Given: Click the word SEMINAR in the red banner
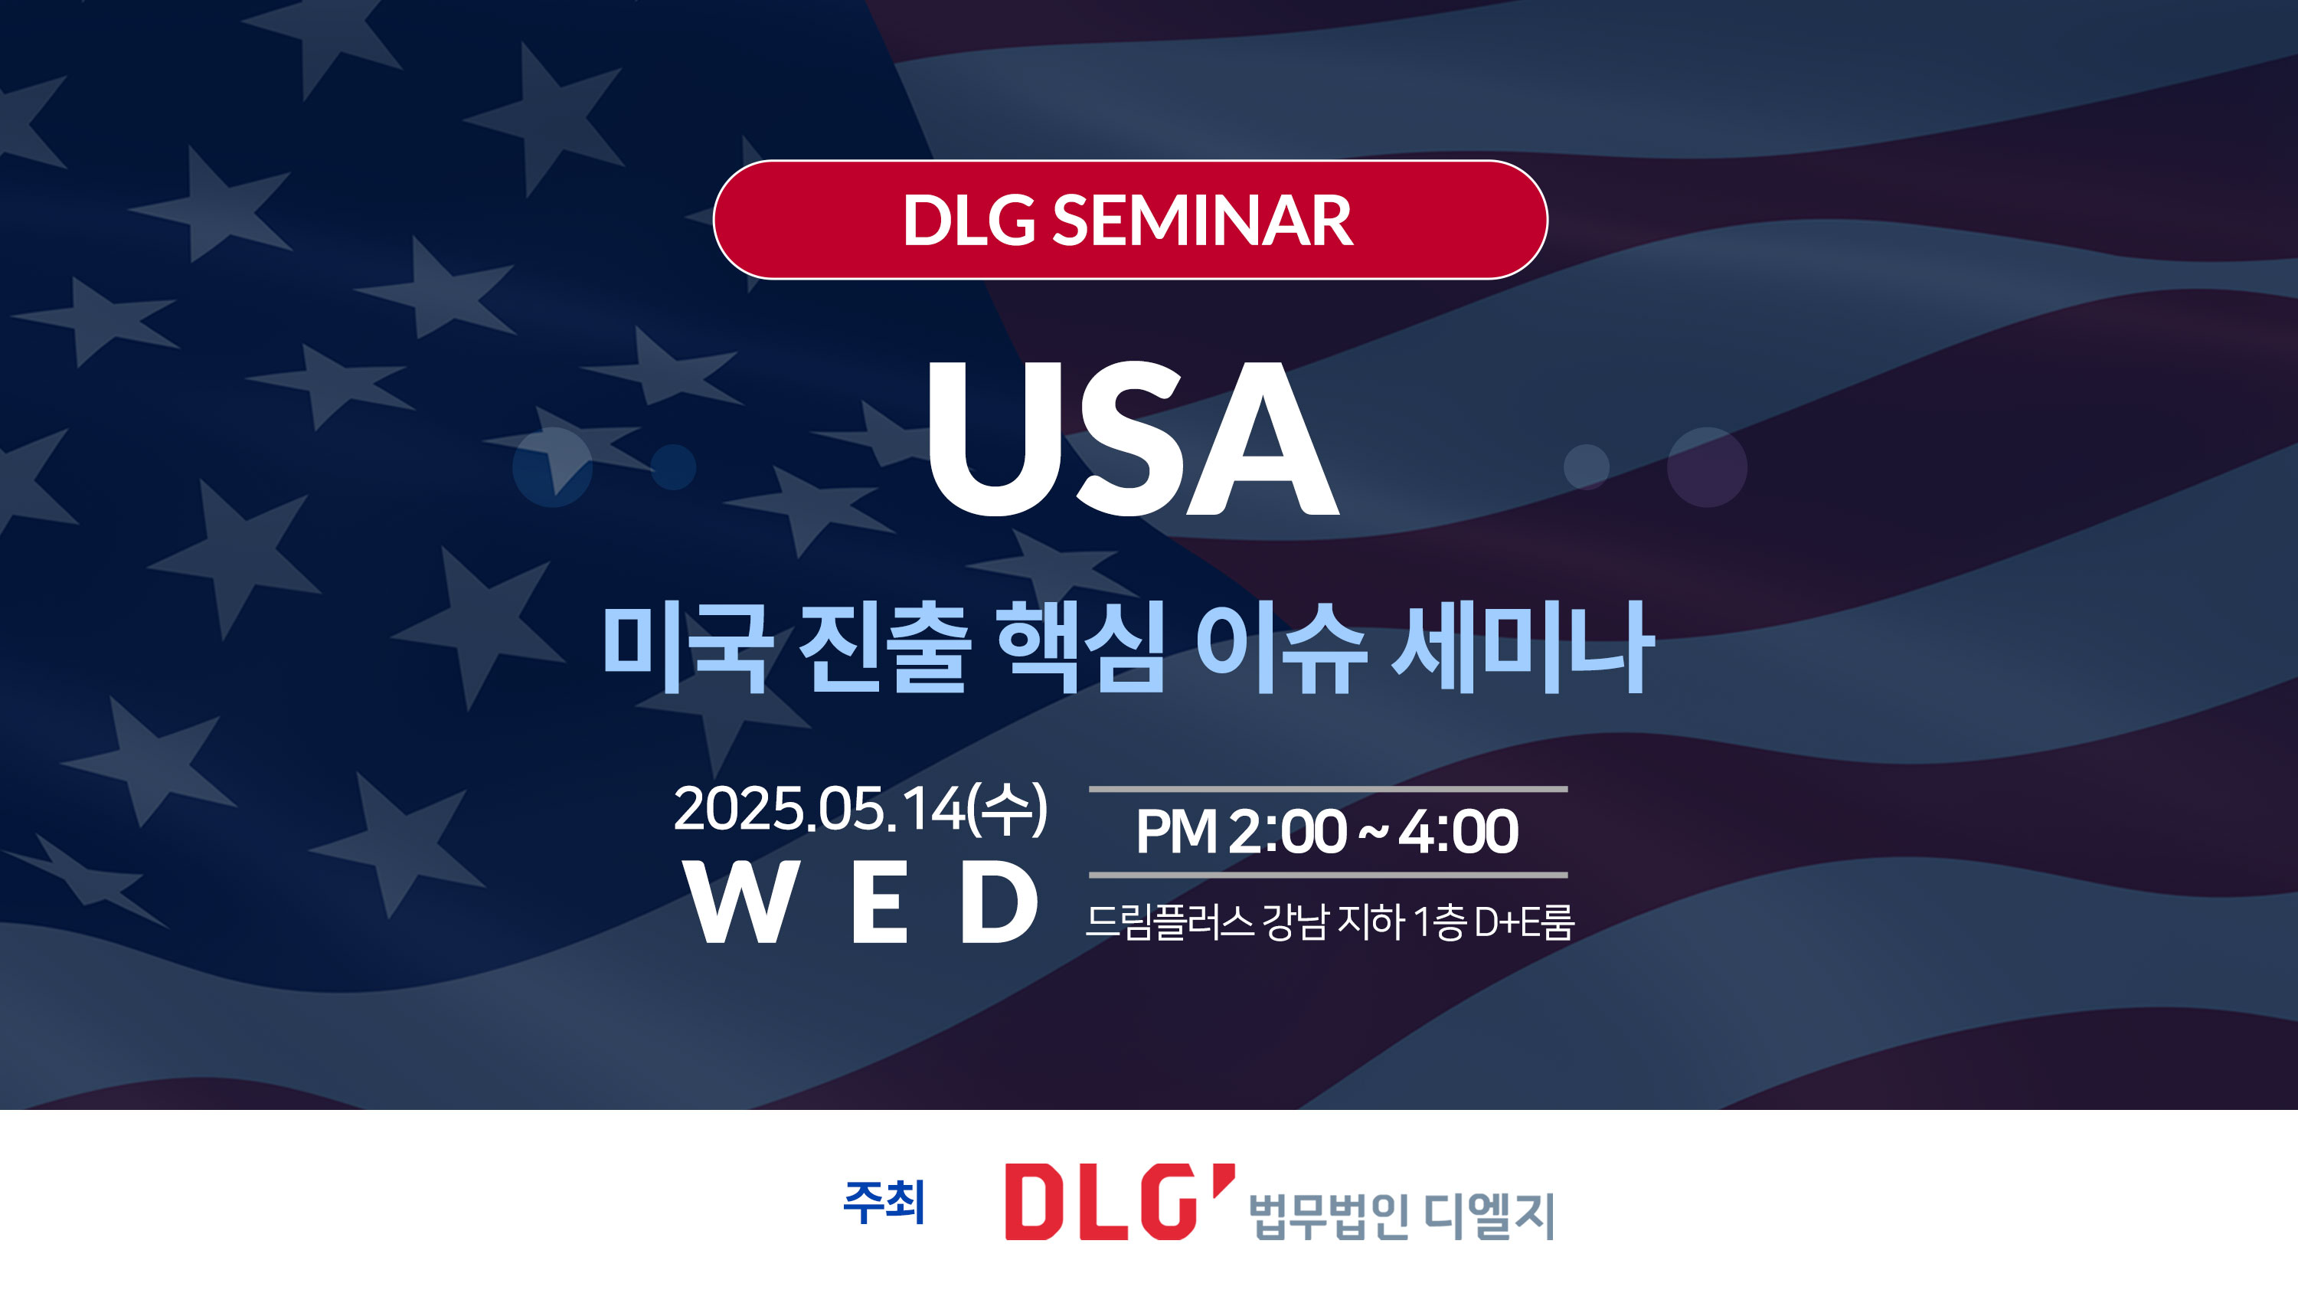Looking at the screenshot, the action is pos(1202,221).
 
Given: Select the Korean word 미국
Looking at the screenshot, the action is pos(688,647).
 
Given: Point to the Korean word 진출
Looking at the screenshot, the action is pos(884,647).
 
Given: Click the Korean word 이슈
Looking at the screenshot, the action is pos(1281,647).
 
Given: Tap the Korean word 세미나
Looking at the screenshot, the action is pos(1523,647).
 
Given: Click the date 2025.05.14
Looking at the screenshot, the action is pos(819,810).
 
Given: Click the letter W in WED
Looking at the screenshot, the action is pos(740,903).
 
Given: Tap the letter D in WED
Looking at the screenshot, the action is pos(999,903).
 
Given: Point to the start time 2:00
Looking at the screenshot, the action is pos(1287,832).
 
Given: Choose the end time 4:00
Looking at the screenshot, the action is pos(1458,832).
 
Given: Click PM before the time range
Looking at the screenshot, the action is pos(1175,832).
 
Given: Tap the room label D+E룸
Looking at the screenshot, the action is pos(1524,921).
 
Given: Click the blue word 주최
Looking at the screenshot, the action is pos(884,1202).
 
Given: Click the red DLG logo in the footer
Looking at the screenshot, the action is pos(1120,1201).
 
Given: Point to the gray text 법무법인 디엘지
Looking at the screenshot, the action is pos(1401,1216).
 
